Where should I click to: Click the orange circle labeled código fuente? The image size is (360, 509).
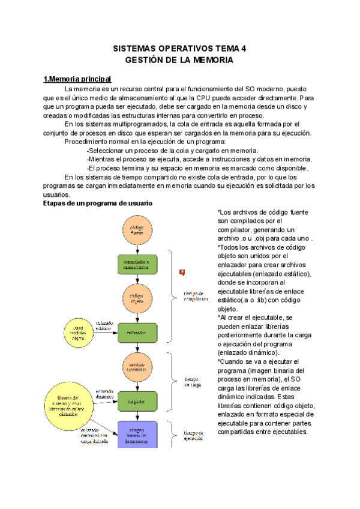(x=137, y=229)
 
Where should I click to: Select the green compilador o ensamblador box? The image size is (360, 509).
(x=137, y=263)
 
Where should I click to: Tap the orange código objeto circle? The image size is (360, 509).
(x=137, y=297)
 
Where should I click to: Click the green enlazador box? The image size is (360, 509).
(x=137, y=331)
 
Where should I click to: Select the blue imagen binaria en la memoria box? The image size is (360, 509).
(x=137, y=434)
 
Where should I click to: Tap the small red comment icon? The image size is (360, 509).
(x=182, y=273)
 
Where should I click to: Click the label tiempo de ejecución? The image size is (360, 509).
(x=194, y=435)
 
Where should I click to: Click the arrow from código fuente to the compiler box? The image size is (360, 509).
(x=137, y=248)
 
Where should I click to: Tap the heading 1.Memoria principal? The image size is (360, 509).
(x=77, y=79)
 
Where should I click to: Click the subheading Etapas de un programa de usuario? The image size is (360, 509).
(x=98, y=203)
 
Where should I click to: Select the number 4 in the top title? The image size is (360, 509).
(x=243, y=49)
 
